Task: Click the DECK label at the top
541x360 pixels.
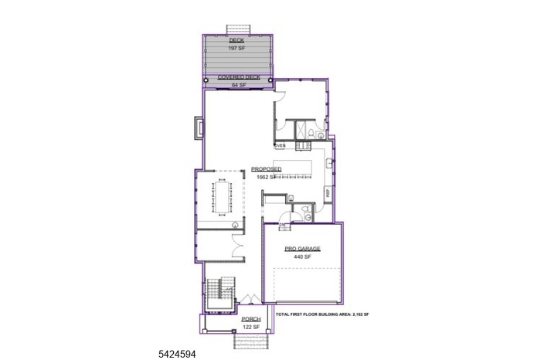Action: pyautogui.click(x=236, y=39)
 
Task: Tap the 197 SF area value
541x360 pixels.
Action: pyautogui.click(x=236, y=47)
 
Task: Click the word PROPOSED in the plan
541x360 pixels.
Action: pyautogui.click(x=266, y=168)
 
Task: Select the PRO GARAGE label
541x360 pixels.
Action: pyautogui.click(x=301, y=249)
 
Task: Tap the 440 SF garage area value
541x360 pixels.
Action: pyautogui.click(x=301, y=256)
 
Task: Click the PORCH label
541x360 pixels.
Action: pyautogui.click(x=250, y=319)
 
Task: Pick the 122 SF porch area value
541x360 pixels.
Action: pyautogui.click(x=250, y=327)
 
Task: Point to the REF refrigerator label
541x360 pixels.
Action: pyautogui.click(x=328, y=194)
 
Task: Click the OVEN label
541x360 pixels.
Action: pyautogui.click(x=280, y=144)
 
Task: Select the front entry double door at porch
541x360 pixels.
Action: pyautogui.click(x=250, y=300)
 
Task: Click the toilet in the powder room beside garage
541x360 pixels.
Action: pyautogui.click(x=307, y=210)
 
